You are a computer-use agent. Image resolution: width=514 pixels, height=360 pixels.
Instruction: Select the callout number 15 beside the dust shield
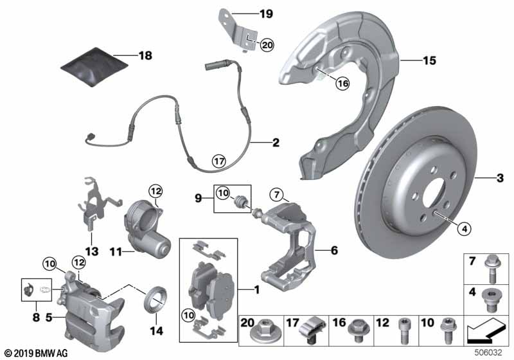(x=429, y=61)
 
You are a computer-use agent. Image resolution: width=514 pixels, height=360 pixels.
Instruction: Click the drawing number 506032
(x=490, y=352)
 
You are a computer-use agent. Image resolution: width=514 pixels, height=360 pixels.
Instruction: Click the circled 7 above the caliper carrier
(x=276, y=194)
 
